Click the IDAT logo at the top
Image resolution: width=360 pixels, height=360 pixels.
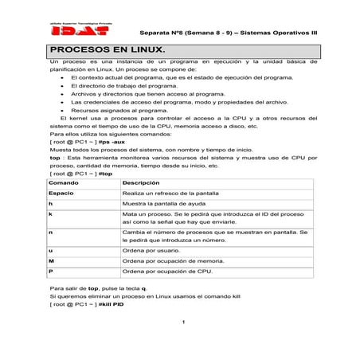(70, 32)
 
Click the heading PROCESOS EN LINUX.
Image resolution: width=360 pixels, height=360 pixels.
(104, 50)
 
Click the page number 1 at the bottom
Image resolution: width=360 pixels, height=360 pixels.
(183, 323)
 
